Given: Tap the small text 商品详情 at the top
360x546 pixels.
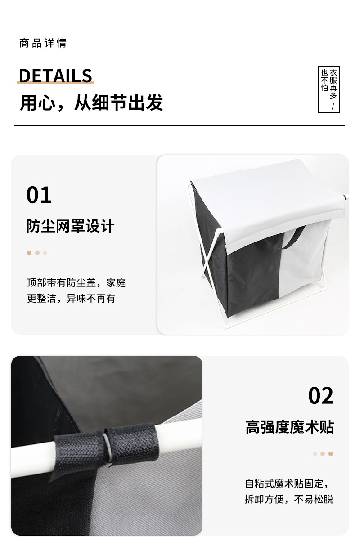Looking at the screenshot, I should point(43,43).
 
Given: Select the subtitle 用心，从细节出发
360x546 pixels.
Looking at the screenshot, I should point(91,103).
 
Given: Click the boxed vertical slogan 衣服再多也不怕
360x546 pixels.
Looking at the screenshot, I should point(328,89).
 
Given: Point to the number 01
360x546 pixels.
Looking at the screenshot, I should point(39,195).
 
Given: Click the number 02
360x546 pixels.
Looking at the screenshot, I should point(321,396).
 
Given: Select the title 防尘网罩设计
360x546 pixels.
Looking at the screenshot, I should point(71,226).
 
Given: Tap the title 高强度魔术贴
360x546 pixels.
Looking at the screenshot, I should point(290,427).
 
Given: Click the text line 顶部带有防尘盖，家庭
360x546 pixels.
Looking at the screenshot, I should point(76,283).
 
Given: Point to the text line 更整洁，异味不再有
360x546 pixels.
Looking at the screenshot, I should point(71,298).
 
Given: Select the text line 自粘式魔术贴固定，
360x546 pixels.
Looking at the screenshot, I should point(287,484).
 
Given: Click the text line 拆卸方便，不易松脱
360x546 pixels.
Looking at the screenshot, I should point(289,499).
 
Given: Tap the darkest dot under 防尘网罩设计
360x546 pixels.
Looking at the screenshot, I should point(29,253).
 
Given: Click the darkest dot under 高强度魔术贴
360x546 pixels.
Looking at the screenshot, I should point(331,454).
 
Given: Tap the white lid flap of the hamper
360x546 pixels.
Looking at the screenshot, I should point(265,198).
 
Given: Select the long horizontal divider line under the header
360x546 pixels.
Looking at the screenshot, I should point(180,125).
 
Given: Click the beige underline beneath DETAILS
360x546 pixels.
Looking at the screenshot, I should point(55,83).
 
